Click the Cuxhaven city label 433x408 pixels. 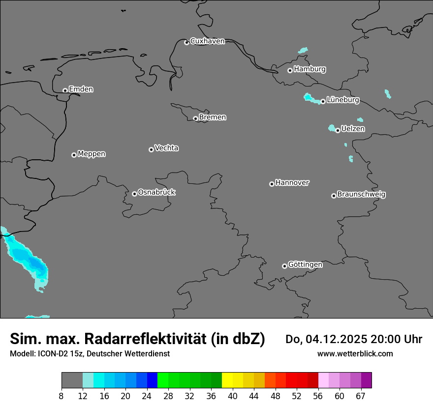(207, 41)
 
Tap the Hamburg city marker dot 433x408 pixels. (290, 70)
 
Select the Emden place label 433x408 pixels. (81, 89)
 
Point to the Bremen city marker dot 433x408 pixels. (195, 118)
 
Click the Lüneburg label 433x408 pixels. (342, 100)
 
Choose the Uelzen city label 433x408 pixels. (353, 129)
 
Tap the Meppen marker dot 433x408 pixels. (74, 155)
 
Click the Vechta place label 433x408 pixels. (166, 148)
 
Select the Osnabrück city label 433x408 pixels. (156, 193)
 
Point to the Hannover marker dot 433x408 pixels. (272, 184)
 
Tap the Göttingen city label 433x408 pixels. (305, 265)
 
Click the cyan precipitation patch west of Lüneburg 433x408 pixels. (310, 98)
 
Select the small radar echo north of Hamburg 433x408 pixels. (303, 50)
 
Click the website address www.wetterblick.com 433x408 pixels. (355, 354)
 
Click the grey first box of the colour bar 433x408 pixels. (72, 380)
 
